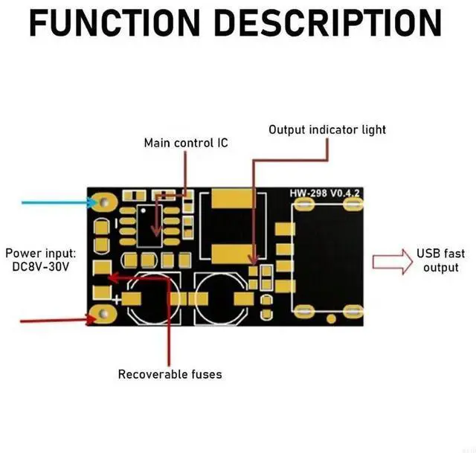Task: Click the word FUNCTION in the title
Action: tap(115, 23)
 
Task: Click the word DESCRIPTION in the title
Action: tap(328, 23)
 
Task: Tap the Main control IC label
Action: tap(186, 143)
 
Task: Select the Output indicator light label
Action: tap(327, 130)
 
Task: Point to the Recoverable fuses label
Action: tap(170, 374)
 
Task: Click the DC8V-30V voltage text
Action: tap(41, 267)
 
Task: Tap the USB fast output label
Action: tap(440, 260)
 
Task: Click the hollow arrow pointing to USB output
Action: tap(393, 262)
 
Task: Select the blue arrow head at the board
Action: tap(91, 202)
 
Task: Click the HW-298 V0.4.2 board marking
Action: tap(324, 193)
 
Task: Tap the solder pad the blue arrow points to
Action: tap(104, 202)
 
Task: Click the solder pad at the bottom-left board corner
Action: tap(104, 314)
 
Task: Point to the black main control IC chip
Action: tap(149, 225)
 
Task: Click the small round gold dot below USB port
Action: tap(331, 319)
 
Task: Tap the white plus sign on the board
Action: tap(116, 300)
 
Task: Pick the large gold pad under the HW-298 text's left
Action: tap(232, 199)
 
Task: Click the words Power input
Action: tap(41, 253)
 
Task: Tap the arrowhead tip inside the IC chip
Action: tap(156, 236)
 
